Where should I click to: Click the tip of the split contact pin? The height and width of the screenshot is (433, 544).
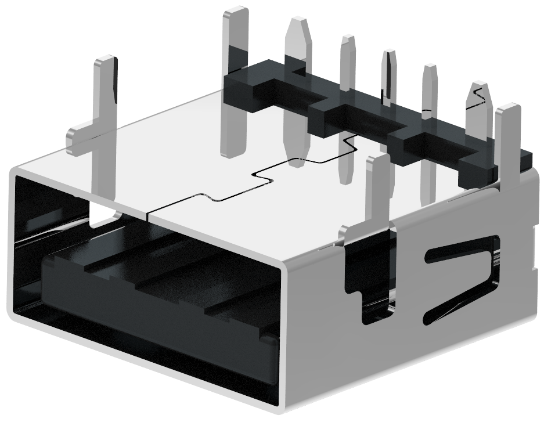388,56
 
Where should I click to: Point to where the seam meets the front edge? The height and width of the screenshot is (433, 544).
149,218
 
